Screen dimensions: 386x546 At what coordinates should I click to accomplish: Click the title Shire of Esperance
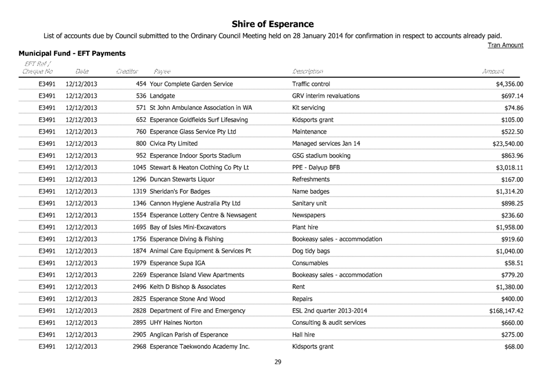(272, 24)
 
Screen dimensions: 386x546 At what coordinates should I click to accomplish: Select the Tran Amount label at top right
(506, 45)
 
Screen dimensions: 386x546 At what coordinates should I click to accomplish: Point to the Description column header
(307, 72)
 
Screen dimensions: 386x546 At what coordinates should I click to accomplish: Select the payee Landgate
(162, 96)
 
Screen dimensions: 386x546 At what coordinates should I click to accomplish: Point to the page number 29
(278, 362)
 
